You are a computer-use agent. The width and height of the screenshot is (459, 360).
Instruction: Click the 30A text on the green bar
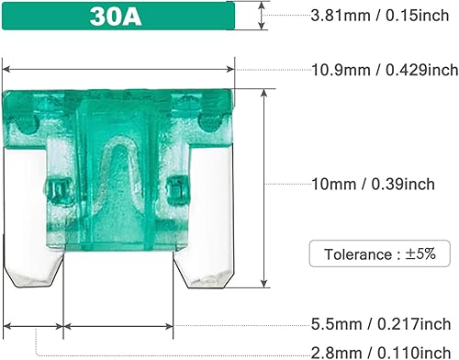118,17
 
